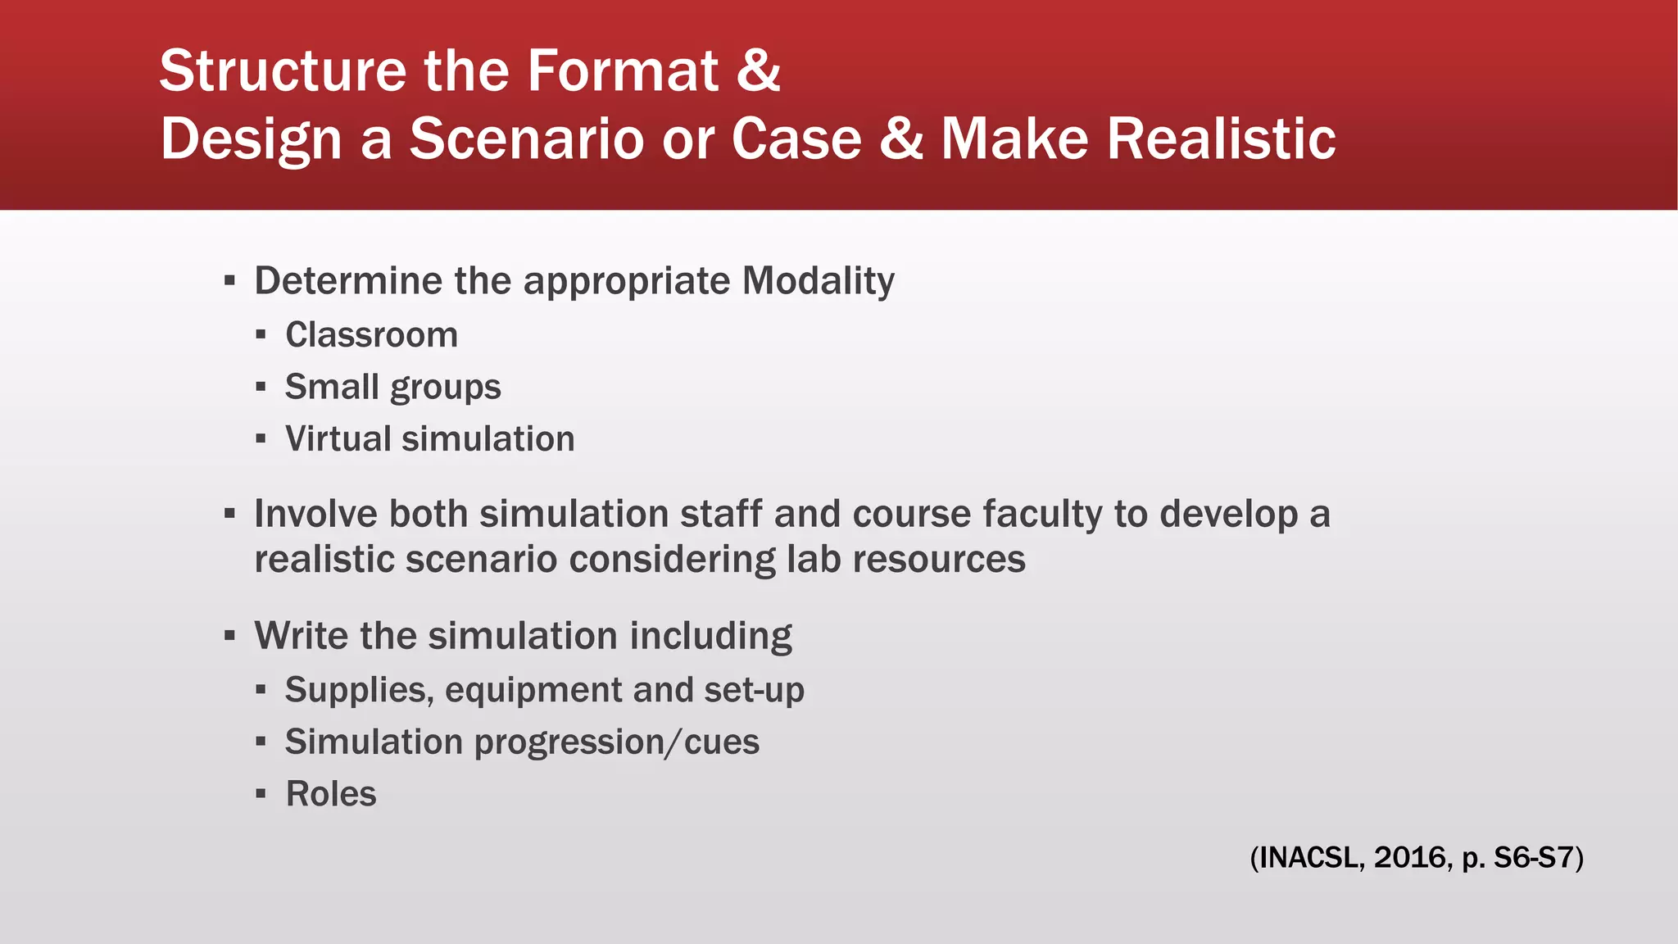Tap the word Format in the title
pos(623,71)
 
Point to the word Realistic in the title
pos(1222,138)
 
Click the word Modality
pos(818,281)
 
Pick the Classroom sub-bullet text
pos(371,335)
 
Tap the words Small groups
pos(392,388)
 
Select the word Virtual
pos(338,439)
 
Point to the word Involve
pos(315,515)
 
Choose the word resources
pos(938,560)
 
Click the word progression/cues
pos(616,742)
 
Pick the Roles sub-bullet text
pos(331,794)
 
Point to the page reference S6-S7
pos(1534,858)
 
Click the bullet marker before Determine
pos(229,282)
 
